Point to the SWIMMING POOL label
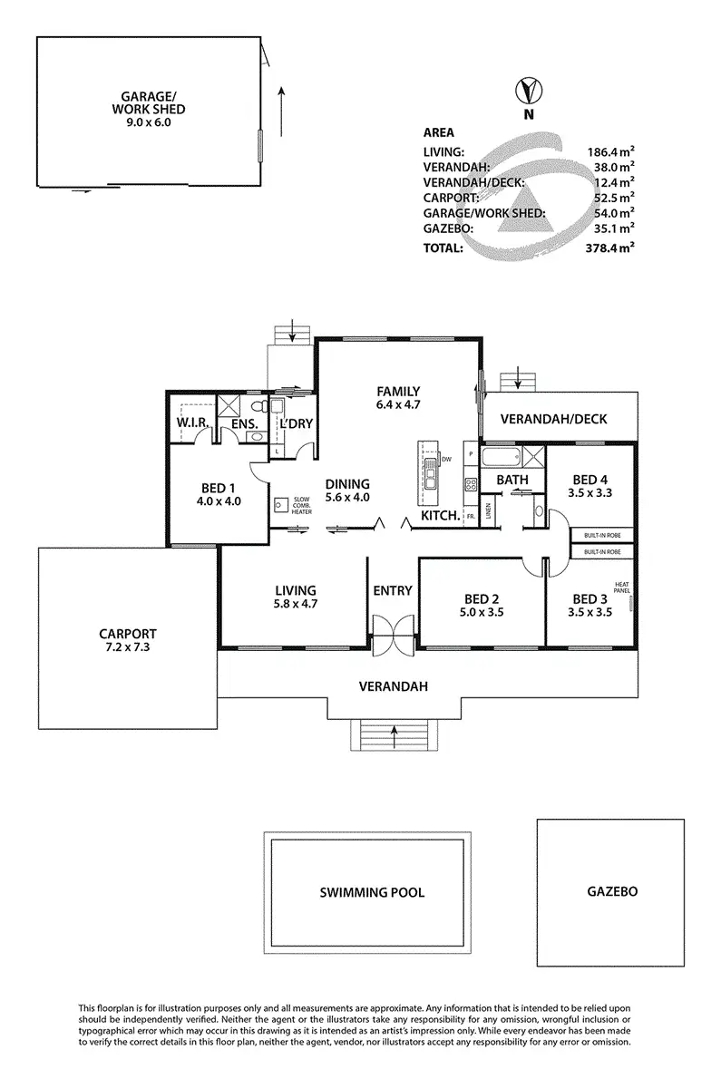[372, 892]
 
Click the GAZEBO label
[607, 891]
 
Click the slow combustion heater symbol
[280, 504]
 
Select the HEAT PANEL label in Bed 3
[621, 588]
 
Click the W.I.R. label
[193, 423]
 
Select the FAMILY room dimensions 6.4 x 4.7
[399, 405]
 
